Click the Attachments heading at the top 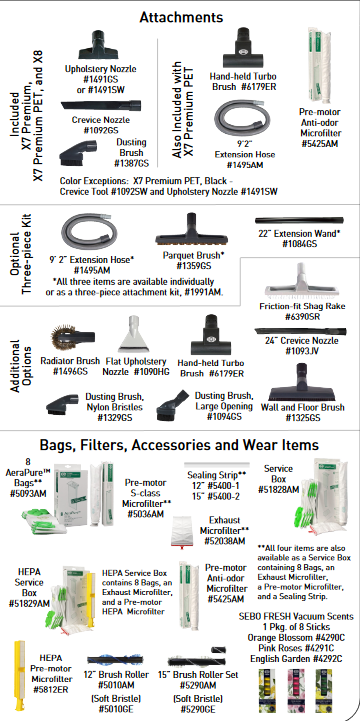(x=181, y=17)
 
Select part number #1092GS (x=101, y=130)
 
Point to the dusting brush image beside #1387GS (x=78, y=153)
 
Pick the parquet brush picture (x=193, y=231)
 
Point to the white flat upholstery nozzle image (x=133, y=334)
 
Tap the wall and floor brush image (x=301, y=382)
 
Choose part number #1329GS (x=114, y=418)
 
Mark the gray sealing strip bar (x=217, y=465)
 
